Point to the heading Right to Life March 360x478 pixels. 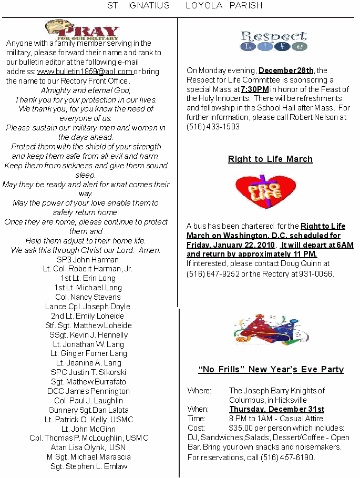pos(270,159)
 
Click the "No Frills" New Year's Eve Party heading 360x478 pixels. pos(271,370)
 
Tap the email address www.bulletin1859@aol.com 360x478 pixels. pos(85,72)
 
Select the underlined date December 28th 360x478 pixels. pos(286,70)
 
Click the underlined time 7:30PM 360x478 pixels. pos(255,89)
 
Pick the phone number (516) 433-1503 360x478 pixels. pos(214,127)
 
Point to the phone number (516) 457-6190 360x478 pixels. pos(287,457)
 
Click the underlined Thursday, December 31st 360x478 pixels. pos(276,409)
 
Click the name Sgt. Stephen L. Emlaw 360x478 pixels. pos(89,466)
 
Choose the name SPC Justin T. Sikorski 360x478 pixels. pos(88,372)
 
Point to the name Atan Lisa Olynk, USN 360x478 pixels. pos(88,448)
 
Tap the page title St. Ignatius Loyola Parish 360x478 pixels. pos(184,6)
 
